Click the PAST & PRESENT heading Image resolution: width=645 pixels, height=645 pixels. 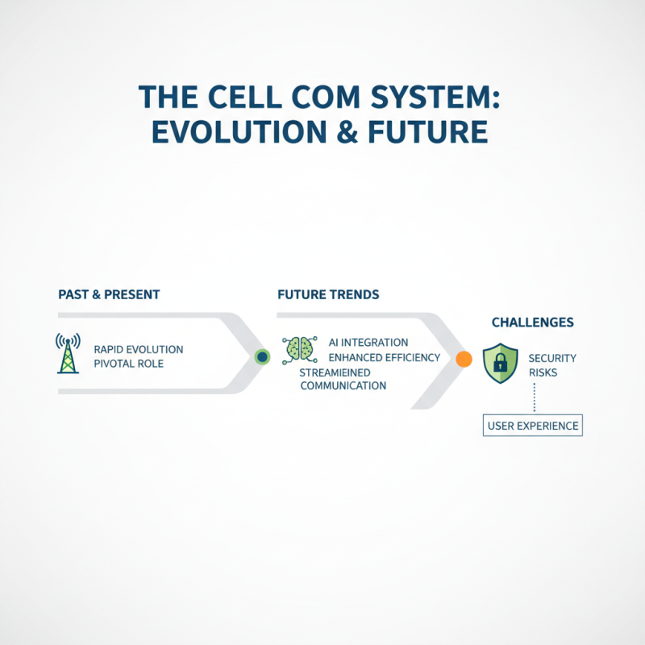pos(109,295)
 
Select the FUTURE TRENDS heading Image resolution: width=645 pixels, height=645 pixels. pos(328,295)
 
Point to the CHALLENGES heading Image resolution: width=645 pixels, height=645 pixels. pos(532,322)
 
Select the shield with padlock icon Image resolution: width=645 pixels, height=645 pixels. pos(499,363)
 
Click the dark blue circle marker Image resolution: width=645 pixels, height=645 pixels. pos(262,356)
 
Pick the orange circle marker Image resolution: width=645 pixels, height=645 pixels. pos(464,360)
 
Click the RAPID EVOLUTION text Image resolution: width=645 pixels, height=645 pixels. pos(138,349)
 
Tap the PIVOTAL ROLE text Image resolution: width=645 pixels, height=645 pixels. pos(129,364)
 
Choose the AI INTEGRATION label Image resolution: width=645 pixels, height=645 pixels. pos(368,343)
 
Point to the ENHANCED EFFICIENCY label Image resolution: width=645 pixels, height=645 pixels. pos(385,357)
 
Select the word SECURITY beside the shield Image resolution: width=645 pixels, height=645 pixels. pos(552,358)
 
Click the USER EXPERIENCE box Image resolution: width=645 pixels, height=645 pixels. pos(532,426)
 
